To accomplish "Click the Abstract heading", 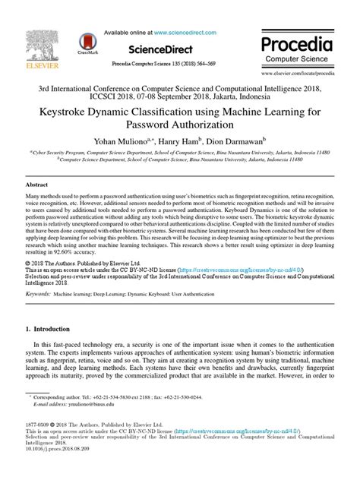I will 37,185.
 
